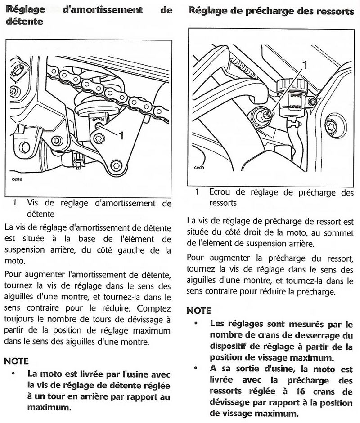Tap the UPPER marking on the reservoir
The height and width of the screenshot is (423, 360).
pyautogui.click(x=295, y=96)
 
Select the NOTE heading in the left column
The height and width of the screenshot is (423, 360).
pyautogui.click(x=16, y=361)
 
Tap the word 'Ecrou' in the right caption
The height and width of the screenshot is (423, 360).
pyautogui.click(x=221, y=192)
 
